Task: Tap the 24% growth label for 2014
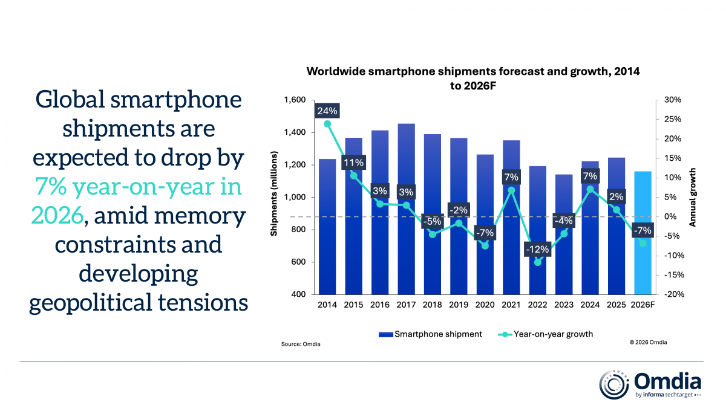click(x=327, y=111)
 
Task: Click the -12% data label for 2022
click(x=537, y=249)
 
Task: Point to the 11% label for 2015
click(x=354, y=163)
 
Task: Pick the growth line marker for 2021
click(x=511, y=190)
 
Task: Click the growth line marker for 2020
click(x=485, y=245)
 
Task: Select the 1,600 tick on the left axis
click(x=296, y=100)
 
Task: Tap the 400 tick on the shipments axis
click(x=301, y=294)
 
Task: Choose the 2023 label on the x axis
click(x=563, y=305)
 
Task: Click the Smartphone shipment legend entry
click(x=430, y=334)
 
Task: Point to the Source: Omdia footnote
click(x=301, y=344)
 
